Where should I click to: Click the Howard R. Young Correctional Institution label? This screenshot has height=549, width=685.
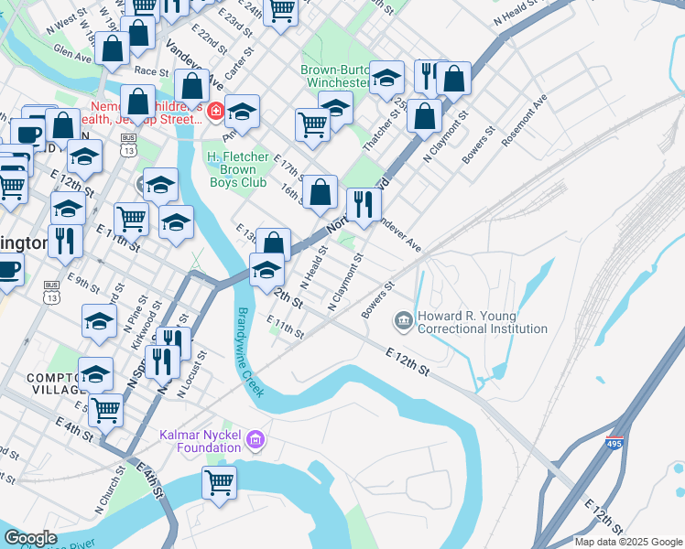click(482, 322)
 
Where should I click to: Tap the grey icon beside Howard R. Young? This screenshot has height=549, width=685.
click(402, 321)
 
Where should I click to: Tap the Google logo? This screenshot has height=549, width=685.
click(30, 538)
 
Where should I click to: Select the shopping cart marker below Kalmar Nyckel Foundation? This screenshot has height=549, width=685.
click(220, 482)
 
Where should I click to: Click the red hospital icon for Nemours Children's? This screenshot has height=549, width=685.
click(216, 113)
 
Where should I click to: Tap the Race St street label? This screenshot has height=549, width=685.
click(151, 70)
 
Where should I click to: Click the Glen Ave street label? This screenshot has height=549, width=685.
click(73, 55)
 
